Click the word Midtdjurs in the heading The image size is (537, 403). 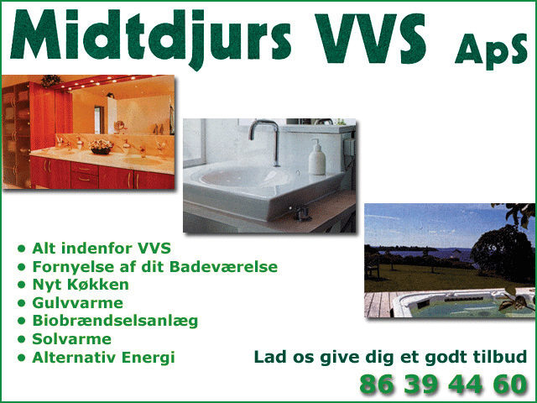151,39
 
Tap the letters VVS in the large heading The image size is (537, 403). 370,39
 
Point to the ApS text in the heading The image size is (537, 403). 491,51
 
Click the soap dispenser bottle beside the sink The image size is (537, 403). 317,157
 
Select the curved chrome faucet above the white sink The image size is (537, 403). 265,141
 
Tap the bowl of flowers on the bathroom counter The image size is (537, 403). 101,147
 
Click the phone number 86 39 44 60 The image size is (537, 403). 443,384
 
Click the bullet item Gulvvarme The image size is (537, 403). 77,303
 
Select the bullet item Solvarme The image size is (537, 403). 71,339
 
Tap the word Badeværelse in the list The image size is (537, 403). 223,267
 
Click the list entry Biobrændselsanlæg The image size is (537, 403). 115,322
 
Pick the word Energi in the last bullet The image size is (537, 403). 149,358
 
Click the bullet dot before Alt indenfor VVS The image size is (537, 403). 22,249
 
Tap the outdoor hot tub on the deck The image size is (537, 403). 462,304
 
